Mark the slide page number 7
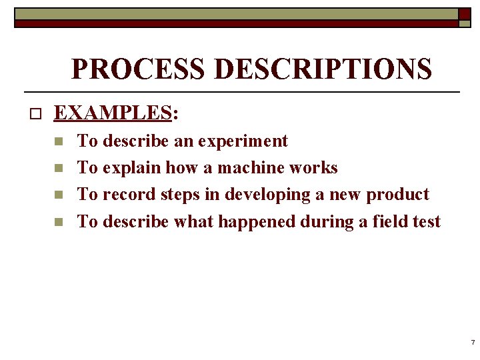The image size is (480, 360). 472,342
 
